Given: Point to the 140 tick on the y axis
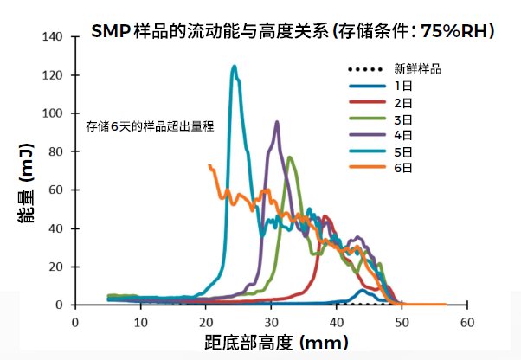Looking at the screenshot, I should click(x=55, y=37).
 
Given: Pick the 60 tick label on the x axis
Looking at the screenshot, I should click(x=466, y=321).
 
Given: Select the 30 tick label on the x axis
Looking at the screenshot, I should click(x=271, y=321).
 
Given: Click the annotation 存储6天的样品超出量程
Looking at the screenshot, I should click(x=150, y=125).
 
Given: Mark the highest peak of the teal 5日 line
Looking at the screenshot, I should click(x=234, y=66).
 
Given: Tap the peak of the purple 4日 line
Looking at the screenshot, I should click(x=277, y=122).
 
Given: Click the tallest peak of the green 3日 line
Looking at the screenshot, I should click(x=290, y=157).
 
